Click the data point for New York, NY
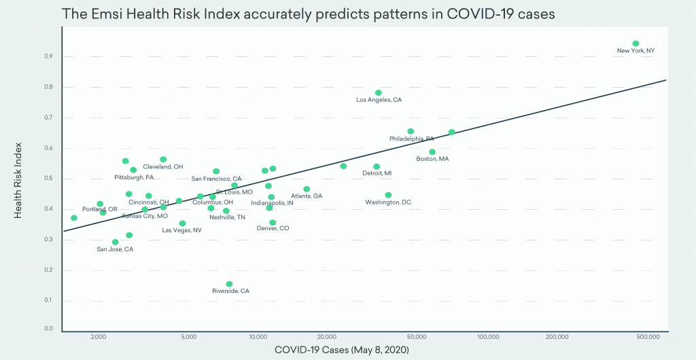pos(636,43)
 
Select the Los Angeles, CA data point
pos(379,93)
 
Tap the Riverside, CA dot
pos(229,284)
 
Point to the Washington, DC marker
pos(388,195)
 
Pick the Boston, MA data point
pos(432,152)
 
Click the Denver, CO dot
pos(273,222)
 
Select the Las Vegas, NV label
pos(181,230)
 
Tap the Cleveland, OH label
pos(162,166)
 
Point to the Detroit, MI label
pos(377,173)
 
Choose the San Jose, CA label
pos(115,249)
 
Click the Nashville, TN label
pos(227,217)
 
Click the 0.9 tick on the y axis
pos(49,56)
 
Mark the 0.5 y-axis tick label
pos(49,179)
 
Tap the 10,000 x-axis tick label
pos(257,336)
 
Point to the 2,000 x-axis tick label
pos(99,336)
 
